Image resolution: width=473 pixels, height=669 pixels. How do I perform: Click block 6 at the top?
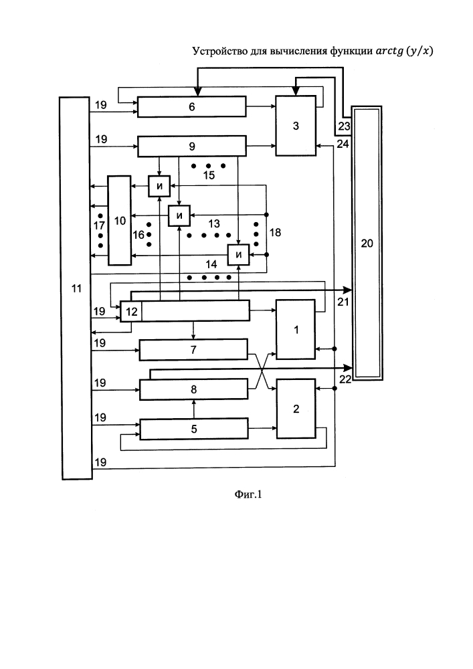click(x=191, y=106)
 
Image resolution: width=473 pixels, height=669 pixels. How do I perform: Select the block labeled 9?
click(x=191, y=147)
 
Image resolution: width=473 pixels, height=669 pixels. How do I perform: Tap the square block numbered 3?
click(x=296, y=126)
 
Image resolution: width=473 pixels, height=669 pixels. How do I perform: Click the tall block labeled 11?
click(x=76, y=288)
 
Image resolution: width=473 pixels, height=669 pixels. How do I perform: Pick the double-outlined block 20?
click(x=367, y=244)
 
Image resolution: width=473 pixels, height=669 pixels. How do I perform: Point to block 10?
click(x=120, y=221)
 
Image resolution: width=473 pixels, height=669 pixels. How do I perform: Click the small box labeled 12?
click(x=131, y=311)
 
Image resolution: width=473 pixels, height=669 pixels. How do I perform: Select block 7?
click(x=193, y=349)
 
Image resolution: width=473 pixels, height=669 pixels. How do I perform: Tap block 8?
click(x=193, y=389)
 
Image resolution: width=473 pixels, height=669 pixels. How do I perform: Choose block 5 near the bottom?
click(x=194, y=429)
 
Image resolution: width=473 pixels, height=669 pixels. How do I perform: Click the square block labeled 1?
click(x=296, y=329)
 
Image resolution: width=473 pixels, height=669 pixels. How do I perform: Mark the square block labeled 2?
click(x=296, y=409)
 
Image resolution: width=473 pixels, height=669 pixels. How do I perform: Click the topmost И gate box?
click(x=159, y=186)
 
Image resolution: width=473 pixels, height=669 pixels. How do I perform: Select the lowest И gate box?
click(x=238, y=255)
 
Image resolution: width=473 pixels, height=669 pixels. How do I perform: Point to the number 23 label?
click(x=344, y=126)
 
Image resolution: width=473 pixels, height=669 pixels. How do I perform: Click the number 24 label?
click(x=343, y=145)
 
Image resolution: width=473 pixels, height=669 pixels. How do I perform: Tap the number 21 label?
click(x=343, y=302)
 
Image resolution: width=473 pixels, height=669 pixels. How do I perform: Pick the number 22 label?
click(x=345, y=379)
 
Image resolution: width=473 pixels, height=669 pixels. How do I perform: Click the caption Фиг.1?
click(x=248, y=494)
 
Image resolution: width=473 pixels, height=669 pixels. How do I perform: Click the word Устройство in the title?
click(x=217, y=52)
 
